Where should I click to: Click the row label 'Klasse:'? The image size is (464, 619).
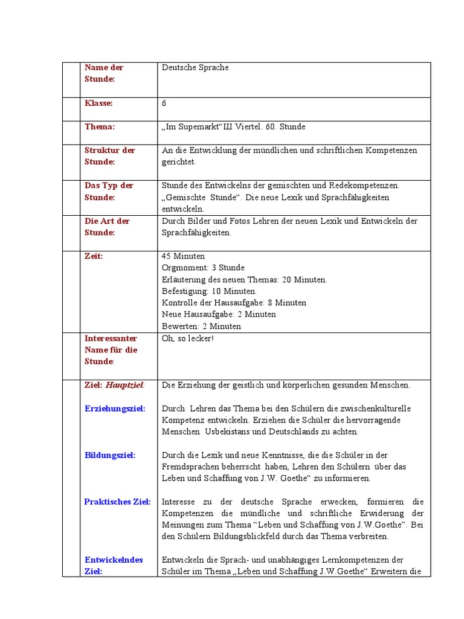(x=98, y=103)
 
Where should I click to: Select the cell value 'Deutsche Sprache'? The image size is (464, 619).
(x=195, y=68)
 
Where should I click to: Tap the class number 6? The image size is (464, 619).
(x=164, y=103)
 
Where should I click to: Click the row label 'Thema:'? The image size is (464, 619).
(x=99, y=127)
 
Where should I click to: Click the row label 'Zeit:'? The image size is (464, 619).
(x=94, y=256)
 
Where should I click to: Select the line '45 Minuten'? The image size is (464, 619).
(x=183, y=256)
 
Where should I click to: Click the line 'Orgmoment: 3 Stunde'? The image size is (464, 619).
(x=203, y=268)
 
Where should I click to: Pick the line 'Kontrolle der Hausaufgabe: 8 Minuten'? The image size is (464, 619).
(x=234, y=303)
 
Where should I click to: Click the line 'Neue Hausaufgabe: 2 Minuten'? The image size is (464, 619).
(x=219, y=314)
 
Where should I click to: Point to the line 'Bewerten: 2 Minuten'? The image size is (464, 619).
(x=201, y=326)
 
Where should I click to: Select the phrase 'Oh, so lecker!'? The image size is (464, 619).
(x=188, y=338)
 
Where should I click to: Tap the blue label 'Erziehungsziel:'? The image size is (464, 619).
(x=115, y=409)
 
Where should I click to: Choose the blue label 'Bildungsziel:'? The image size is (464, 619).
(x=110, y=455)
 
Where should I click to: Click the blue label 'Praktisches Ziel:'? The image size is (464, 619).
(x=117, y=502)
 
